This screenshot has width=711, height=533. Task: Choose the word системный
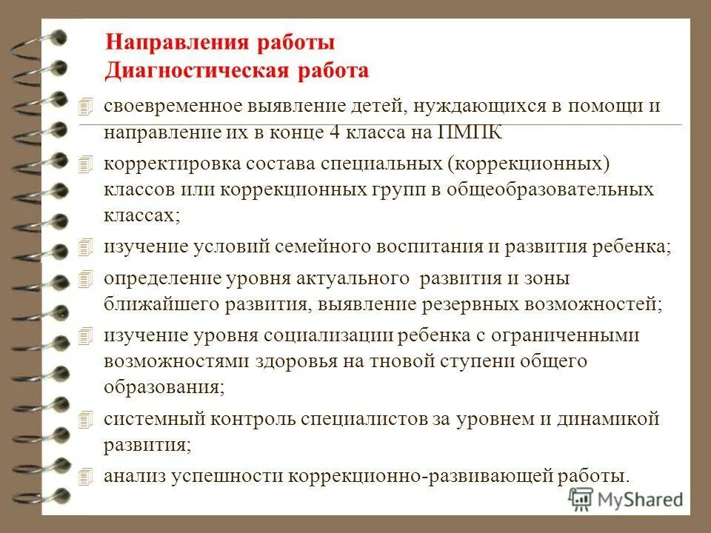click(153, 419)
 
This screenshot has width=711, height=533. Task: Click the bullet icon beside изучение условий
click(87, 246)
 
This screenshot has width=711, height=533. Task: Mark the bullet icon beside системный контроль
click(87, 419)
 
